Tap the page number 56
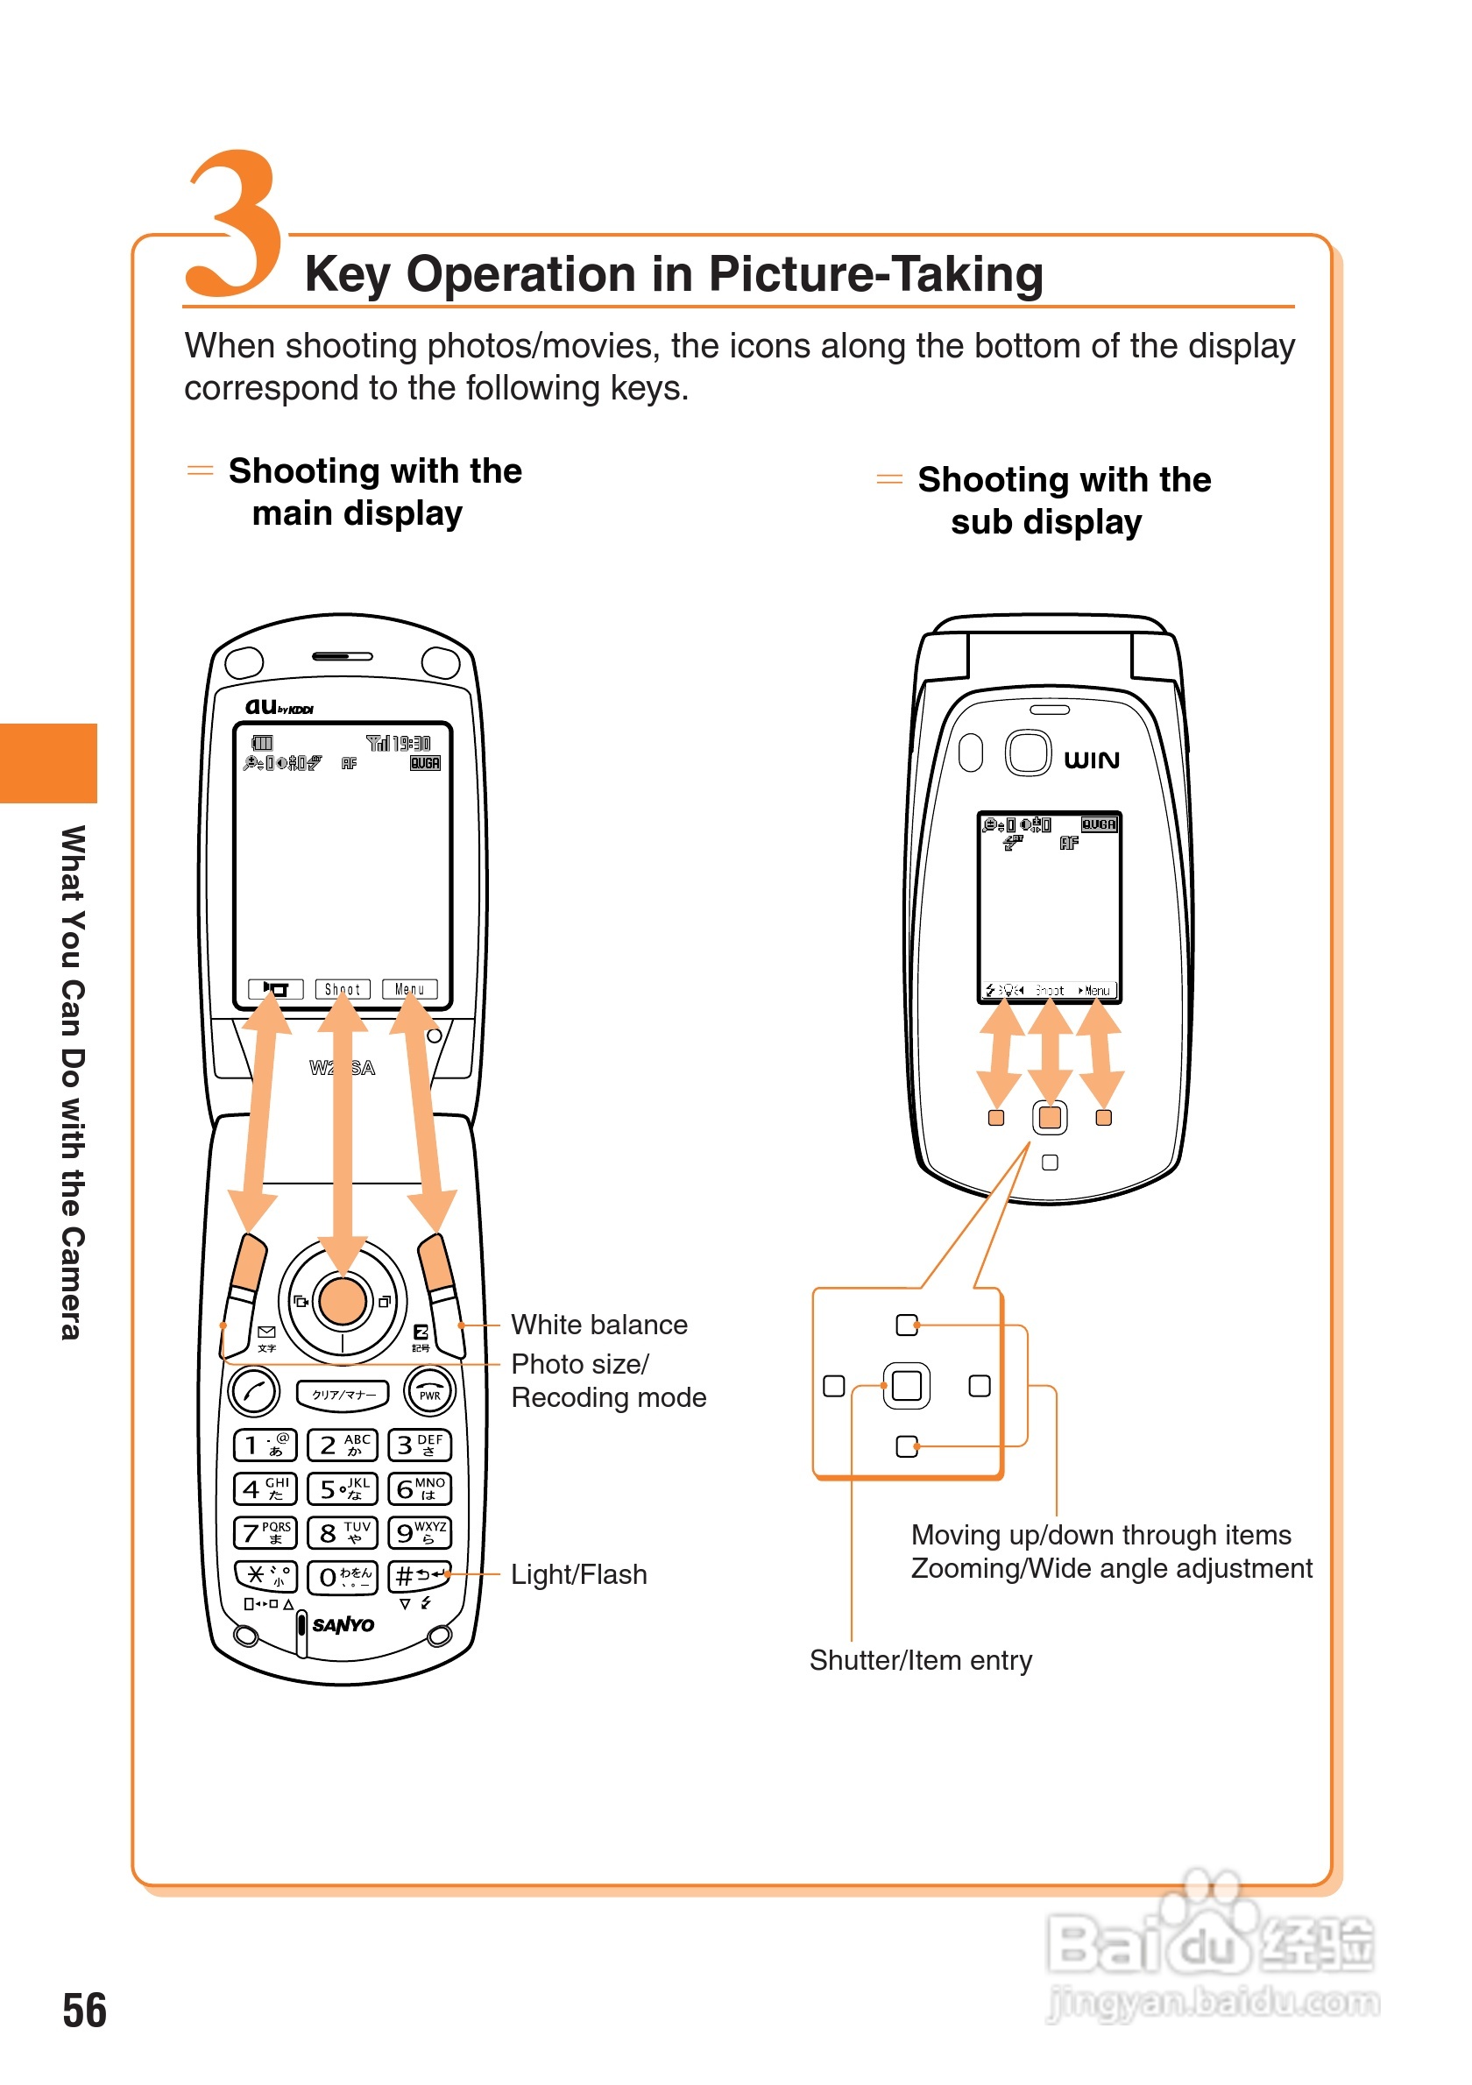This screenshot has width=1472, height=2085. tap(84, 2011)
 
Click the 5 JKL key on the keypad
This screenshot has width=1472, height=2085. tap(343, 1488)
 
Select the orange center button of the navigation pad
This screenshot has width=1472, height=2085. tap(343, 1300)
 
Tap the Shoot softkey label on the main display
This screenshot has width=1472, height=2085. tap(343, 989)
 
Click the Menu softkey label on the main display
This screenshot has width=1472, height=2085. tap(409, 989)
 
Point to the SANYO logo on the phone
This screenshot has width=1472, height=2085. tap(343, 1624)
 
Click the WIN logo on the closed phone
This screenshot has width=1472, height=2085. tap(1092, 760)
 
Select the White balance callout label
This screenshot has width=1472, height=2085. tap(599, 1325)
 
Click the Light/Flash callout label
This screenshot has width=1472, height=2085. tap(579, 1574)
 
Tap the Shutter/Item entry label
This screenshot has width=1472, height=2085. tap(921, 1660)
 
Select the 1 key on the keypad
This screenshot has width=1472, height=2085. tap(265, 1445)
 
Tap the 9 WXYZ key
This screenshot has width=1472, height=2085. tap(420, 1533)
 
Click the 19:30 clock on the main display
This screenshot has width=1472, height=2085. tap(411, 743)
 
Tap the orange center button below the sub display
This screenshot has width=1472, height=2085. tap(1050, 1118)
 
